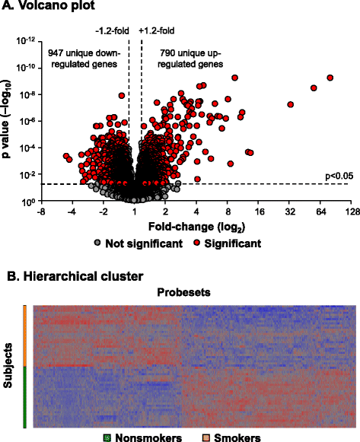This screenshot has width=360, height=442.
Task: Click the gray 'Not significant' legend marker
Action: tap(97, 243)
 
